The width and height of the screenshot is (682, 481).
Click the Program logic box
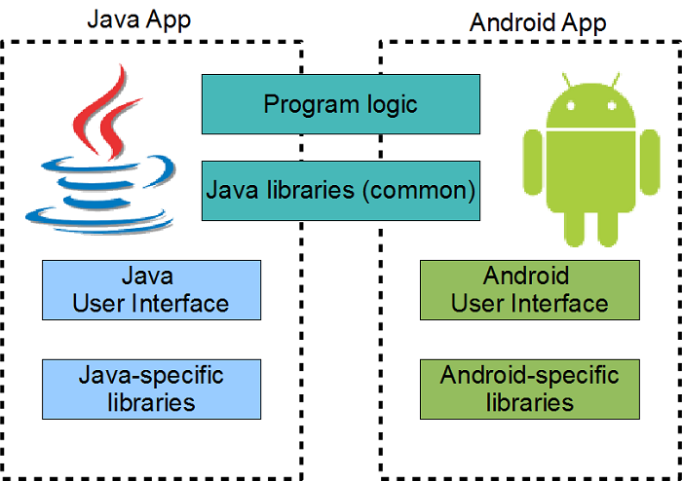click(x=341, y=104)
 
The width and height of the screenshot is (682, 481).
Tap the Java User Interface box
click(x=151, y=289)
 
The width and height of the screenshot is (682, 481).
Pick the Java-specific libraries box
click(x=151, y=388)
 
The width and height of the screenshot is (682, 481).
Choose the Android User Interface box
click(x=529, y=289)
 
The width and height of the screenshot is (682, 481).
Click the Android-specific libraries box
click(x=529, y=388)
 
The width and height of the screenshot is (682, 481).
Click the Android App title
click(x=538, y=21)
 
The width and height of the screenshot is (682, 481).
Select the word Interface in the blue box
click(x=182, y=303)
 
